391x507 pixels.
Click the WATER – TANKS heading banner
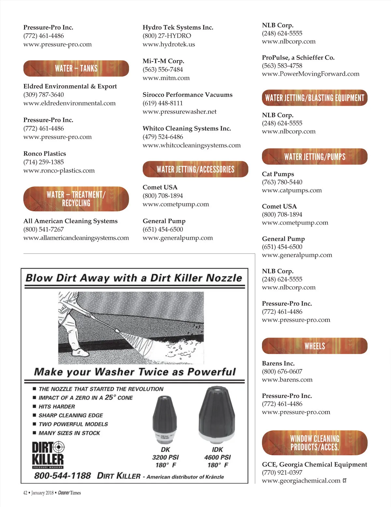[76, 68]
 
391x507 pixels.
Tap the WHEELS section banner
[314, 346]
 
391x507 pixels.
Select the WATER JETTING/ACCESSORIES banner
[195, 169]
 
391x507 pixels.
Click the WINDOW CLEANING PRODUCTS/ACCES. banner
[314, 443]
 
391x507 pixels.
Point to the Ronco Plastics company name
[45, 154]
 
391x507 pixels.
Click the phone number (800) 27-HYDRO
[167, 36]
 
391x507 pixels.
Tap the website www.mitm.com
[166, 78]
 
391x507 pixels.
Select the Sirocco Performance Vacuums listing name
[187, 95]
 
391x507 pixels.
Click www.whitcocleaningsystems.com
[192, 145]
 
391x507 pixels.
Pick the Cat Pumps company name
[278, 174]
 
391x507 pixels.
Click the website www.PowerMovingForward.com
[311, 74]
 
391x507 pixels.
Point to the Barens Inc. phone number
[282, 372]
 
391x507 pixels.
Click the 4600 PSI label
[217, 457]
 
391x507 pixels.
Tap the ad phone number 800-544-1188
[63, 476]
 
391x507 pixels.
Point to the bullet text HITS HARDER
[57, 407]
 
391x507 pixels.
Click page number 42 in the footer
[25, 493]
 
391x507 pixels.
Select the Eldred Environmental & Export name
[70, 86]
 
